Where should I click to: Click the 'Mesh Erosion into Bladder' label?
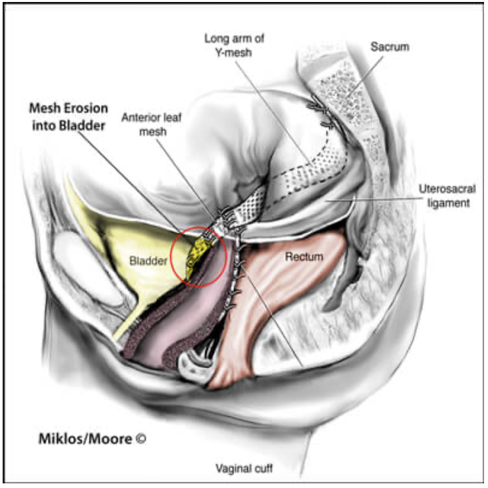[68, 117]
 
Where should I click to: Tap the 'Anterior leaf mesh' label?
[152, 124]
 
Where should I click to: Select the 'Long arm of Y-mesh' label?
[234, 45]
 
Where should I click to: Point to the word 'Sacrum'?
[390, 47]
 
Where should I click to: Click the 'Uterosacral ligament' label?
[447, 196]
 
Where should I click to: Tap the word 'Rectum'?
[304, 257]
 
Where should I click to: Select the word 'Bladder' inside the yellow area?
[148, 261]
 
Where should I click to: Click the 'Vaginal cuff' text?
[244, 468]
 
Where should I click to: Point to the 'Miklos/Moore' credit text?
[85, 439]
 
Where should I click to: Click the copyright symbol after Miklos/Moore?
[141, 439]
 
